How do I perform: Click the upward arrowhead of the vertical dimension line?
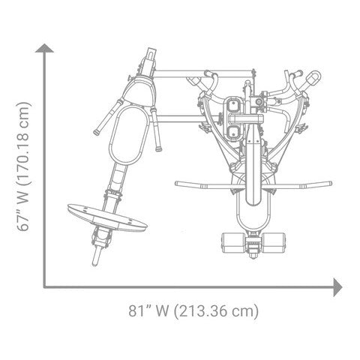tap(44, 48)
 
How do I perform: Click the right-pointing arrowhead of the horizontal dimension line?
tap(338, 287)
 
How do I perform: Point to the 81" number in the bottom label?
tap(137, 311)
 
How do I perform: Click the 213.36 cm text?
tap(216, 311)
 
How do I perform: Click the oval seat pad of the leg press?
tap(128, 134)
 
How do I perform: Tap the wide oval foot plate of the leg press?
tap(107, 218)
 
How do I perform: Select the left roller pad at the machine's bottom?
tap(234, 242)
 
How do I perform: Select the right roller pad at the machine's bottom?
tap(273, 242)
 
